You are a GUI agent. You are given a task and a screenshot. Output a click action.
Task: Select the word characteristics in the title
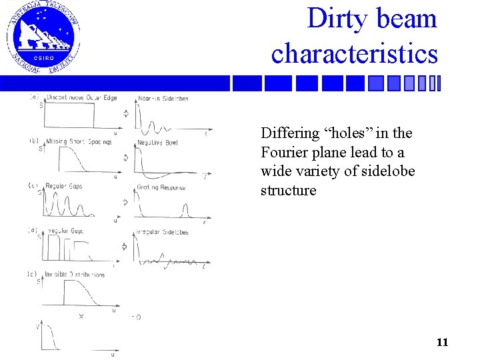click(x=355, y=53)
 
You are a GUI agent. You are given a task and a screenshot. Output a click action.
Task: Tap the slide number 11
click(x=442, y=343)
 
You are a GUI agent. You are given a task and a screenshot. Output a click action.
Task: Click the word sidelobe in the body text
click(x=388, y=171)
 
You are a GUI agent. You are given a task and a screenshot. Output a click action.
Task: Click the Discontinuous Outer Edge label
click(x=81, y=98)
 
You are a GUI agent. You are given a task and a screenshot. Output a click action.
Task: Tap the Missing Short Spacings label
click(x=79, y=141)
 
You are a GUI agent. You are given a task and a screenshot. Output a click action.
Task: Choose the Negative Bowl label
click(x=158, y=143)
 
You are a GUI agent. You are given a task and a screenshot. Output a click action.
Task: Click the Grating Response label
click(x=161, y=187)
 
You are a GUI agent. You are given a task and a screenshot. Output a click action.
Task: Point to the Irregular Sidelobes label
click(x=162, y=232)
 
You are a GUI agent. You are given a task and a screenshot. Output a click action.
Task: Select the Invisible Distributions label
click(x=75, y=274)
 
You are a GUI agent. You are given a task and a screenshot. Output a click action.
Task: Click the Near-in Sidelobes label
click(x=163, y=99)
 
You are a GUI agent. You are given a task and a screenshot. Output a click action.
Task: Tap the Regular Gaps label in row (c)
click(x=65, y=186)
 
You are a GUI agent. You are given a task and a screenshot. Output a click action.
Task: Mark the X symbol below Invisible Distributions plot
click(x=81, y=316)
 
